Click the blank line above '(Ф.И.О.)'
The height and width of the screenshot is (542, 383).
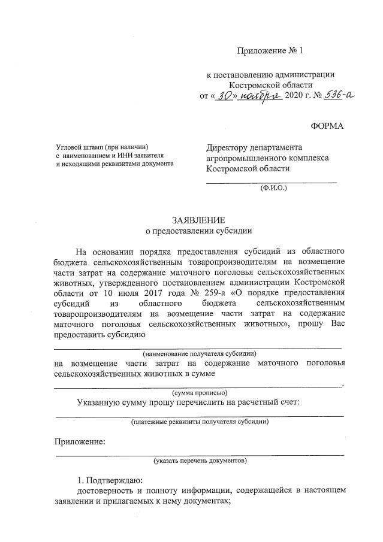point(271,181)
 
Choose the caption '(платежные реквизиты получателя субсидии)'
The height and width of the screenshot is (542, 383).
point(200,422)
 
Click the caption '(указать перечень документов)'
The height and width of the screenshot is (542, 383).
point(200,461)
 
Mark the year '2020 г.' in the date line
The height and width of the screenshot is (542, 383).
point(298,96)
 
